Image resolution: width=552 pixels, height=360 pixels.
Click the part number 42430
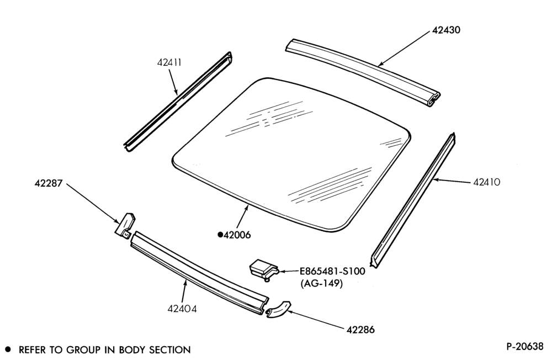pyautogui.click(x=445, y=30)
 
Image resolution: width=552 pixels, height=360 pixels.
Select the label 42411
pyautogui.click(x=169, y=63)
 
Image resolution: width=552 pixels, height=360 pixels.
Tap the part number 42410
pyautogui.click(x=486, y=182)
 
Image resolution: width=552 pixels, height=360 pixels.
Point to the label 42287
pyautogui.click(x=48, y=183)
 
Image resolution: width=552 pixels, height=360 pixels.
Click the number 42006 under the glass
pyautogui.click(x=237, y=235)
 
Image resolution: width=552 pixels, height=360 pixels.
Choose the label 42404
pyautogui.click(x=182, y=309)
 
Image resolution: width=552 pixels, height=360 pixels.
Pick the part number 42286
pyautogui.click(x=360, y=330)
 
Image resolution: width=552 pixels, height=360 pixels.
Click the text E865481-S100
pyautogui.click(x=332, y=272)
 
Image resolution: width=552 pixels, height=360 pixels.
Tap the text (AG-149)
pyautogui.click(x=321, y=284)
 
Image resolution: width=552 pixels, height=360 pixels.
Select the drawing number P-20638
pyautogui.click(x=525, y=347)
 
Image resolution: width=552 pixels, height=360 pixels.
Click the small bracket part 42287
pyautogui.click(x=125, y=224)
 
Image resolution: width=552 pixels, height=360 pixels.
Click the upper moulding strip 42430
pyautogui.click(x=363, y=72)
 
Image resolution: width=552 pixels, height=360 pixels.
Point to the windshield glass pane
pyautogui.click(x=291, y=154)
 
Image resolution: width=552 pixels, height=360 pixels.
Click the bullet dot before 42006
pyautogui.click(x=220, y=235)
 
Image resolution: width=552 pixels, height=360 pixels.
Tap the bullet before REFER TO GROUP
pyautogui.click(x=8, y=350)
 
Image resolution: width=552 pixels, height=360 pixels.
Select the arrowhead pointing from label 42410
pyautogui.click(x=436, y=179)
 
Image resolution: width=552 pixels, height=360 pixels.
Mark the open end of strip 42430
pyautogui.click(x=434, y=100)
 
